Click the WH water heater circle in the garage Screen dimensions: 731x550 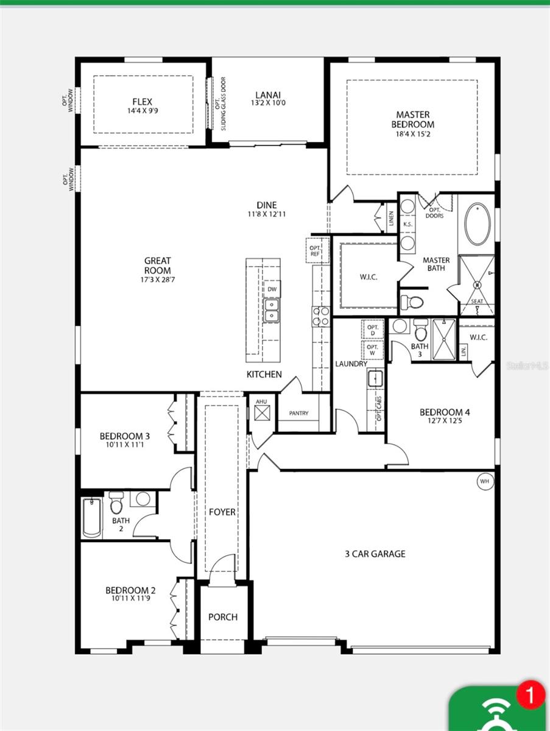coord(485,481)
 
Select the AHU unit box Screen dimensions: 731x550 coord(262,412)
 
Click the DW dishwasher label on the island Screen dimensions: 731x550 coord(272,289)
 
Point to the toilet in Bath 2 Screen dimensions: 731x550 coord(117,504)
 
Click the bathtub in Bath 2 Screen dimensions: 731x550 coord(92,517)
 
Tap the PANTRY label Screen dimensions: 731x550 coord(298,413)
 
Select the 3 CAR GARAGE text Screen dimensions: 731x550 coord(375,554)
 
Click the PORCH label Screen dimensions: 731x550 coord(223,616)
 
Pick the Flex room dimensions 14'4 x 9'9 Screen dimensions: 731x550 coord(143,111)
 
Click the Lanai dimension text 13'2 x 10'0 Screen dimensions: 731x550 coord(268,104)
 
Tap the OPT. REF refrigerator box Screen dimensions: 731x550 coord(315,250)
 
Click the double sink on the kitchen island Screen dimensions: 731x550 coord(271,310)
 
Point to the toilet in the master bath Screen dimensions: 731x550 coord(414,301)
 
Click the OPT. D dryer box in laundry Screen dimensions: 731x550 coord(372,330)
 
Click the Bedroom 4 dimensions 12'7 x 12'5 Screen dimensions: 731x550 coord(445,421)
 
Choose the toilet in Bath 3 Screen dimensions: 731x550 coord(421,331)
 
